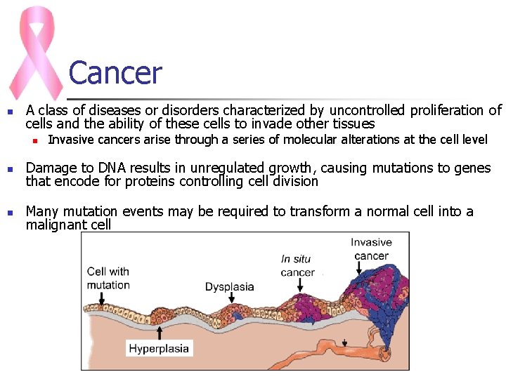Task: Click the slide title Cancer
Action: point(115,74)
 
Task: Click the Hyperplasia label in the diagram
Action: point(159,348)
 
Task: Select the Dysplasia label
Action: point(230,286)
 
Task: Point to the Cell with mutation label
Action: point(108,278)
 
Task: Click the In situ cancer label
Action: point(297,265)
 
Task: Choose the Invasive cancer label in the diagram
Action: point(372,249)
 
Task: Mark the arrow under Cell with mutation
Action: point(102,299)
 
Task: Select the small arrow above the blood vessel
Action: point(345,343)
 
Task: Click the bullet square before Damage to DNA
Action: point(9,169)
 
